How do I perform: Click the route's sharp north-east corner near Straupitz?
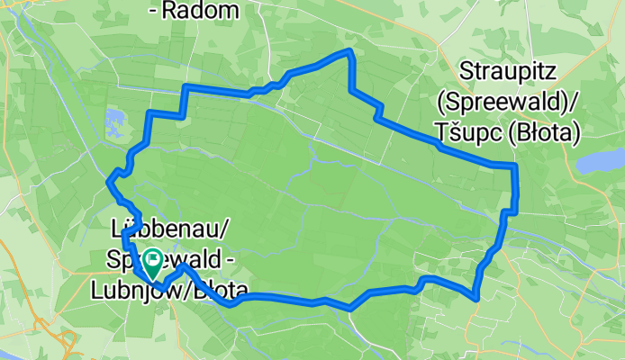click(x=514, y=166)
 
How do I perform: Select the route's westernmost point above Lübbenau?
click(x=110, y=182)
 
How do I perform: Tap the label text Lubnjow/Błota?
click(x=169, y=289)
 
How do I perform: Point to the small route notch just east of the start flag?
click(x=184, y=267)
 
